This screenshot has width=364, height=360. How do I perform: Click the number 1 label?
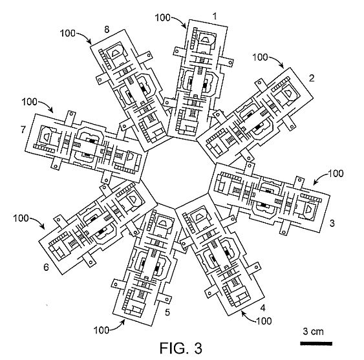tap(215, 16)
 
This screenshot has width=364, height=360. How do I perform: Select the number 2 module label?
tap(312, 78)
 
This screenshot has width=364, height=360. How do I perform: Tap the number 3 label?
tap(332, 223)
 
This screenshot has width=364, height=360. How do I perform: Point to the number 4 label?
tap(262, 308)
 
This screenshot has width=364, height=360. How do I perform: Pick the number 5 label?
tap(167, 312)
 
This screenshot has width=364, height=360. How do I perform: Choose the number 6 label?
tap(46, 268)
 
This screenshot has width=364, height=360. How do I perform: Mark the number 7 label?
tap(23, 129)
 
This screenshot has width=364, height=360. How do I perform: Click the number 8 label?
tap(107, 30)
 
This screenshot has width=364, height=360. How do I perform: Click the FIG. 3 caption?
tap(181, 348)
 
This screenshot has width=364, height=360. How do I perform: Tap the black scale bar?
tap(316, 344)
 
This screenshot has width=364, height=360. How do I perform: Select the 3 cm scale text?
tap(313, 332)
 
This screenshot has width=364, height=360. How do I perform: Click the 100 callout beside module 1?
tap(162, 17)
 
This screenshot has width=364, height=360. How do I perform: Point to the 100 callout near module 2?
tap(260, 58)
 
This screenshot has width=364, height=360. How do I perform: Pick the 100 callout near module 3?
tap(336, 173)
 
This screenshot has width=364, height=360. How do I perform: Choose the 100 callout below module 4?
tap(264, 321)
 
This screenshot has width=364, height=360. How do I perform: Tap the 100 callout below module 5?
tap(102, 330)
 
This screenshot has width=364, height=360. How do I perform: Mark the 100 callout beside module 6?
tap(21, 218)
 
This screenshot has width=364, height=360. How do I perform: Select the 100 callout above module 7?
tap(30, 102)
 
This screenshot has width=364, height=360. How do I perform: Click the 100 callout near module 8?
tap(68, 34)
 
